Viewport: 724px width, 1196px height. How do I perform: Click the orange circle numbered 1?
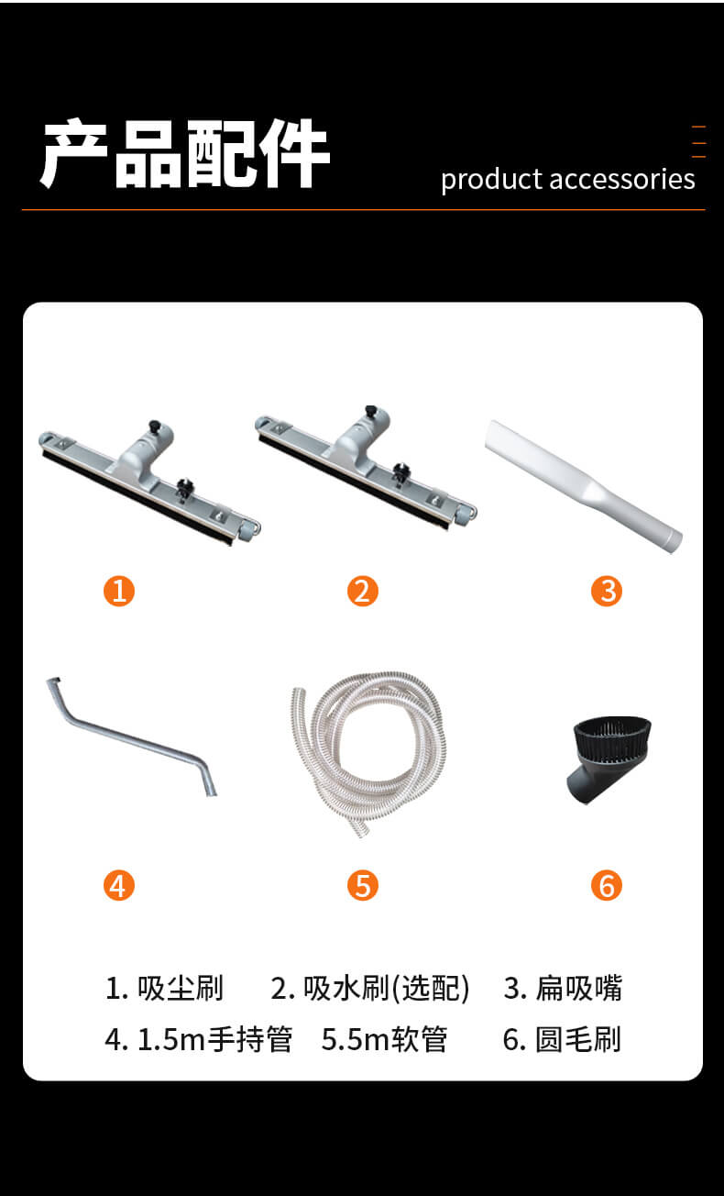pos(119,591)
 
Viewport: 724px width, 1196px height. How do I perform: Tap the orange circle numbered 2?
pos(363,591)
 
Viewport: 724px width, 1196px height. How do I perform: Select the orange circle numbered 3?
pos(607,591)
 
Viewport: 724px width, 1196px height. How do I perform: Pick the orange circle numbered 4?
pos(119,885)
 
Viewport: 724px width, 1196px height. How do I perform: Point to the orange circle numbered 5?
pos(363,885)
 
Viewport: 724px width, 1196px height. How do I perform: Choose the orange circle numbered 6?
pos(607,885)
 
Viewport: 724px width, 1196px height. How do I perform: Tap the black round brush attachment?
pos(609,759)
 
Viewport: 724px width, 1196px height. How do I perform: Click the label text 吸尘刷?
pos(181,989)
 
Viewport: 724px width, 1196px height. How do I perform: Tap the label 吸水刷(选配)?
pos(387,989)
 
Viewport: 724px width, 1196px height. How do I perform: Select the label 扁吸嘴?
pos(579,989)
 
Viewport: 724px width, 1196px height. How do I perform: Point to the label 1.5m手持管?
pos(215,1039)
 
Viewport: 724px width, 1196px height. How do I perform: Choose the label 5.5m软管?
pos(384,1039)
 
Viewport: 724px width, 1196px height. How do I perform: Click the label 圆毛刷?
pos(578,1039)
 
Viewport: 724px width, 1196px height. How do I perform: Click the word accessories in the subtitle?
pos(622,179)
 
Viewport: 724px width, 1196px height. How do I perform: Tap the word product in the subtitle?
pos(492,181)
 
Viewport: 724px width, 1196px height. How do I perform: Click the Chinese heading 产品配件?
pos(185,153)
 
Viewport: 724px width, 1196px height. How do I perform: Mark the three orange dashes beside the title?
pos(699,142)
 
